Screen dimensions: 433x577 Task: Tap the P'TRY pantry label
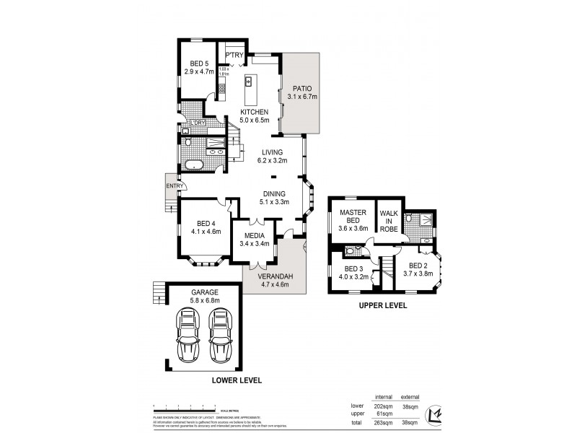[234, 56]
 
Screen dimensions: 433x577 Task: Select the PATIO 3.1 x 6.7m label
[302, 92]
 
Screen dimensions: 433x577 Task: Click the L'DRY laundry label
[197, 123]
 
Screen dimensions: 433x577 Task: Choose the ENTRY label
[174, 185]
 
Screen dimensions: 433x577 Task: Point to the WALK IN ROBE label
[389, 221]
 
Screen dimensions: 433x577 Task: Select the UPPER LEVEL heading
[383, 306]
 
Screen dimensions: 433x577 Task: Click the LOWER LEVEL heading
[237, 380]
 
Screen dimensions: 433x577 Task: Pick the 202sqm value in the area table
[382, 406]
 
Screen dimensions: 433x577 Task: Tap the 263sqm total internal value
[382, 422]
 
